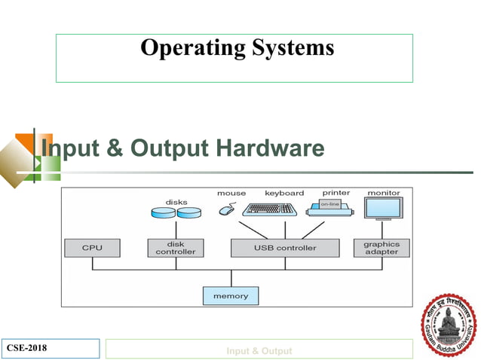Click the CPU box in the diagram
93,248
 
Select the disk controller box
175,248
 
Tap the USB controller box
285,248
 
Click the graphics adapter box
381,248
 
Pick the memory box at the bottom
231,296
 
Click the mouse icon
226,210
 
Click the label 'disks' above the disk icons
176,202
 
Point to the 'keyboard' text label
284,193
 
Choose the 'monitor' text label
384,193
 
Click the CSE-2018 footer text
28,349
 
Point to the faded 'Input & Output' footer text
259,351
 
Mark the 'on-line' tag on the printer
330,204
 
